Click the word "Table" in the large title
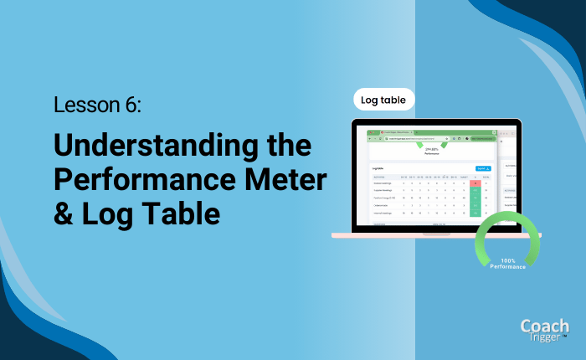tap(179, 213)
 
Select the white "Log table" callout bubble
tap(383, 100)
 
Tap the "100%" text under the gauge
tap(508, 260)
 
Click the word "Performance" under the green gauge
tap(508, 267)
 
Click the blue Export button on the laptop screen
tap(482, 168)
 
